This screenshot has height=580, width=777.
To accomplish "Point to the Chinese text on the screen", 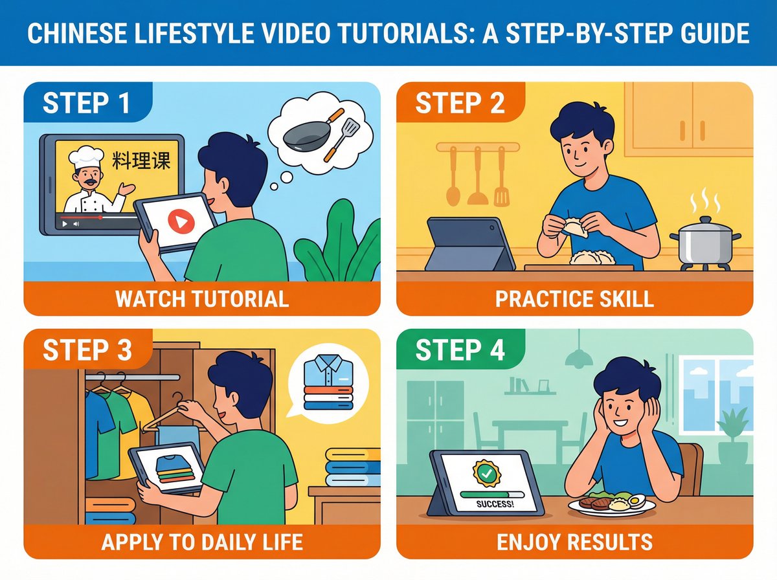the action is pyautogui.click(x=142, y=161).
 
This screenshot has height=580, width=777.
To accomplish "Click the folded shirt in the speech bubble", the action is pyautogui.click(x=328, y=383).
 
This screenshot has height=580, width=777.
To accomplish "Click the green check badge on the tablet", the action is pyautogui.click(x=487, y=473).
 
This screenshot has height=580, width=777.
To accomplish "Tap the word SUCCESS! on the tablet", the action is pyautogui.click(x=495, y=504).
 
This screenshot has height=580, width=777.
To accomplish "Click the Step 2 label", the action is pyautogui.click(x=460, y=104).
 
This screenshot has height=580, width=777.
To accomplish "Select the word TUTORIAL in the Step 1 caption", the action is pyautogui.click(x=240, y=299).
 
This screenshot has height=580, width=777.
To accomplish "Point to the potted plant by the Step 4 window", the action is pyautogui.click(x=734, y=437).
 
